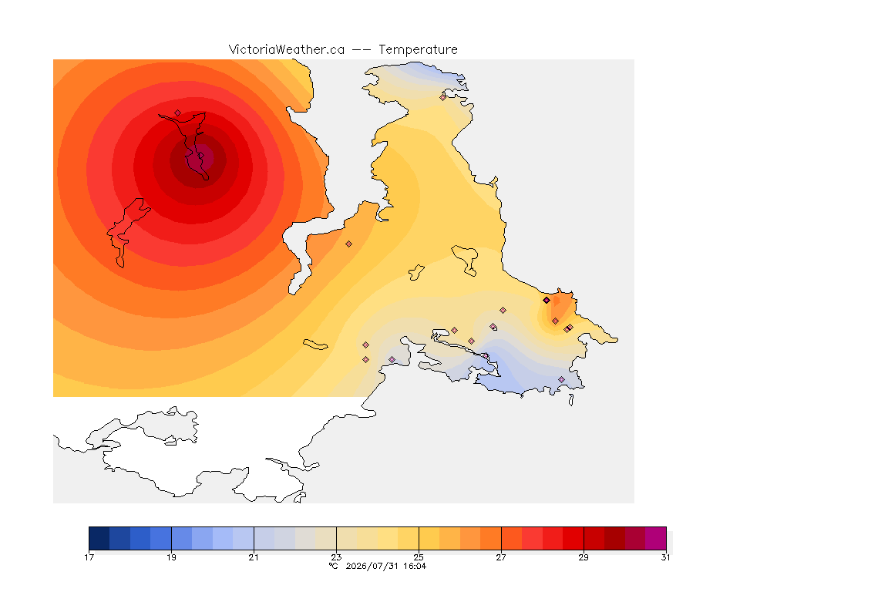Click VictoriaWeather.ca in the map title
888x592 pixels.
coord(287,50)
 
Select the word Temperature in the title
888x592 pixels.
coord(418,50)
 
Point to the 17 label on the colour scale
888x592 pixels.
coord(89,557)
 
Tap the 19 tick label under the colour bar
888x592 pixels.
coord(171,557)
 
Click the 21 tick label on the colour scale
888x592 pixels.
coord(254,557)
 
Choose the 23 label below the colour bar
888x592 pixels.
coord(336,557)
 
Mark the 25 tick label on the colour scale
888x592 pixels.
coord(419,557)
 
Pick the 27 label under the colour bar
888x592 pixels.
coord(501,557)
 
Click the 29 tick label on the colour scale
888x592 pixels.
coord(584,557)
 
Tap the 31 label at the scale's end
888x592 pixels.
coord(665,557)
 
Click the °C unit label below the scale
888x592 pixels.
coord(334,566)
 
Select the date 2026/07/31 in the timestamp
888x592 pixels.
coord(372,566)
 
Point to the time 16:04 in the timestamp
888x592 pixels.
coord(415,566)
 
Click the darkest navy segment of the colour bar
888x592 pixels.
coord(99,538)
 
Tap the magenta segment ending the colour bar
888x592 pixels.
coord(656,538)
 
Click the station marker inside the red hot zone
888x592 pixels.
coord(178,113)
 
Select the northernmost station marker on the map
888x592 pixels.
coord(443,97)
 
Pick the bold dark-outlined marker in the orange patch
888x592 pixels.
coord(547,301)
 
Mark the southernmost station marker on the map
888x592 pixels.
coord(561,379)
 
